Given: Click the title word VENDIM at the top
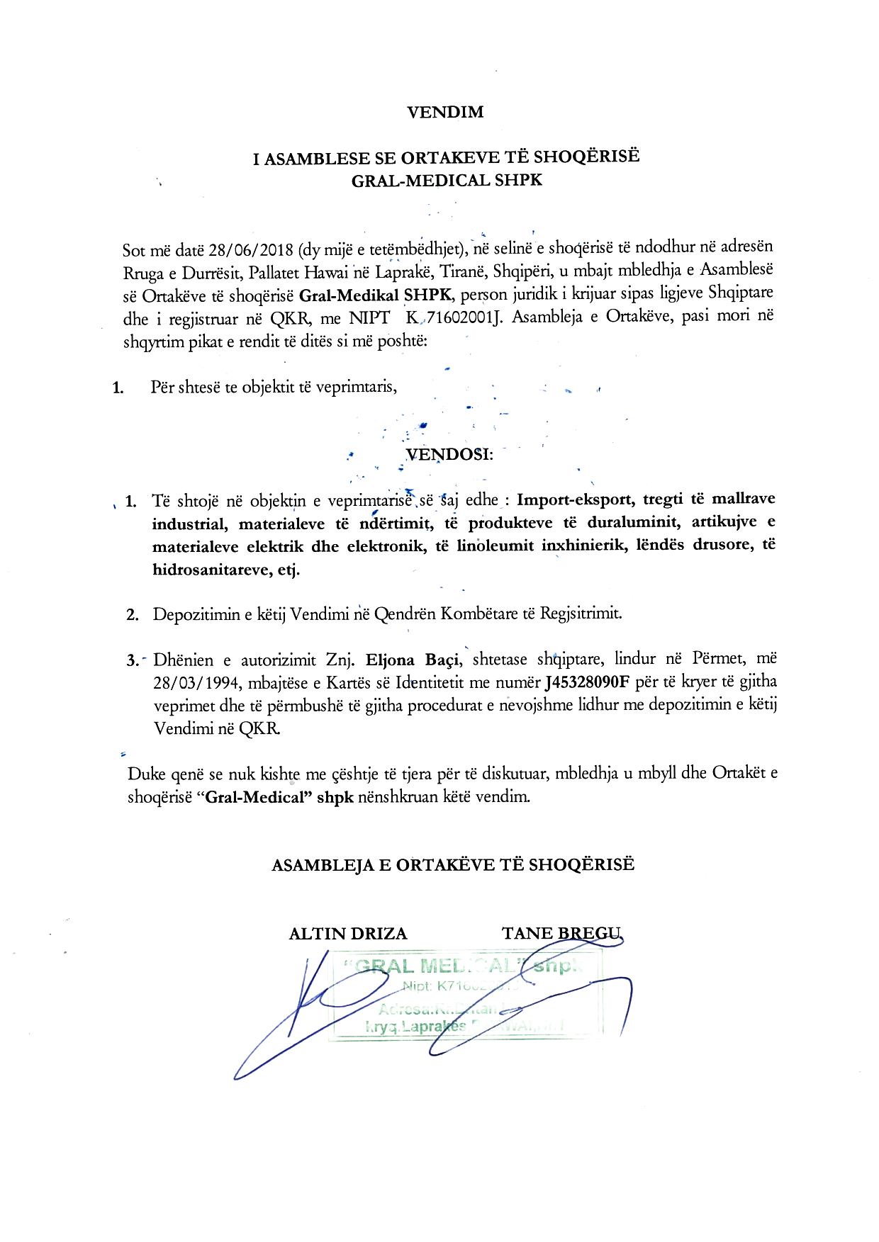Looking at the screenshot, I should coord(446,111).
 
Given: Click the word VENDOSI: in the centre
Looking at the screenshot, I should coord(449,454).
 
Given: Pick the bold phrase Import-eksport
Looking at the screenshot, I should coord(576,499).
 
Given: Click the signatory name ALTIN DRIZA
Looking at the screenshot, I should coord(348,933).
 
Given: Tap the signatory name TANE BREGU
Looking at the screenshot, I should coord(561,932).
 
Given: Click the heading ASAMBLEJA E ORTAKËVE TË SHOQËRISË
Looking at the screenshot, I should coord(453,864).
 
